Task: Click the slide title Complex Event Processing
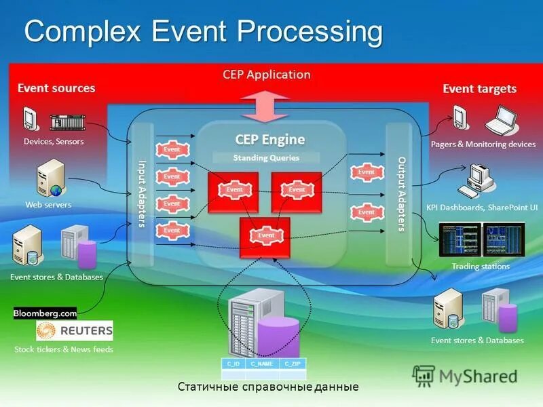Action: (x=203, y=32)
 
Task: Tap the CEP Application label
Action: (x=267, y=75)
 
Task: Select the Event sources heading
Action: (x=56, y=88)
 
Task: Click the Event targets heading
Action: (x=479, y=89)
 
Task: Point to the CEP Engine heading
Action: (x=270, y=140)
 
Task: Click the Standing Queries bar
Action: (x=266, y=157)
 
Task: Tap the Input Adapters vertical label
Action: (x=143, y=194)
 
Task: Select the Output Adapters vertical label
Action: (x=402, y=194)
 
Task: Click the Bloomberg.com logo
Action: (x=45, y=313)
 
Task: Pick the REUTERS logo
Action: (x=75, y=331)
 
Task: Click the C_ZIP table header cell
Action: (x=293, y=364)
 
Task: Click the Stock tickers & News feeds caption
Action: (x=64, y=349)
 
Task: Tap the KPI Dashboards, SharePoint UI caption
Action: (x=482, y=208)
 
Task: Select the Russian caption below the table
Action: (x=268, y=387)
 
